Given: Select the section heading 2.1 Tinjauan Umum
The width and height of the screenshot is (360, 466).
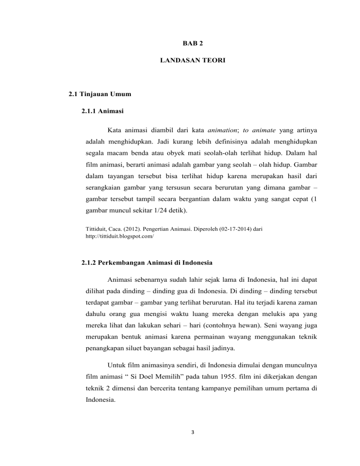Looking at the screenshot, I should click(x=99, y=94).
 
